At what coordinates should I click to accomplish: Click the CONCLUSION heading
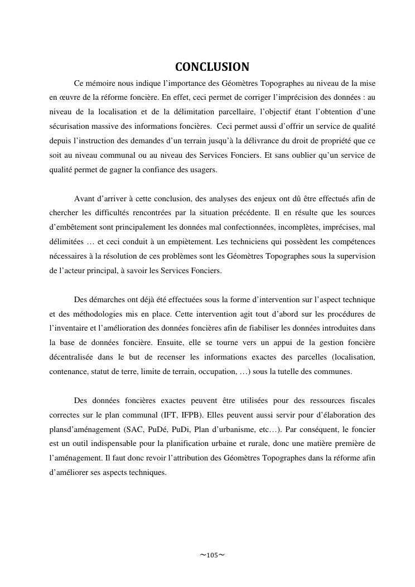coord(212,67)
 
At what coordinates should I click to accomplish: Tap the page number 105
coord(212,555)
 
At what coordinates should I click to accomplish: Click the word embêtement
coord(76,228)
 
